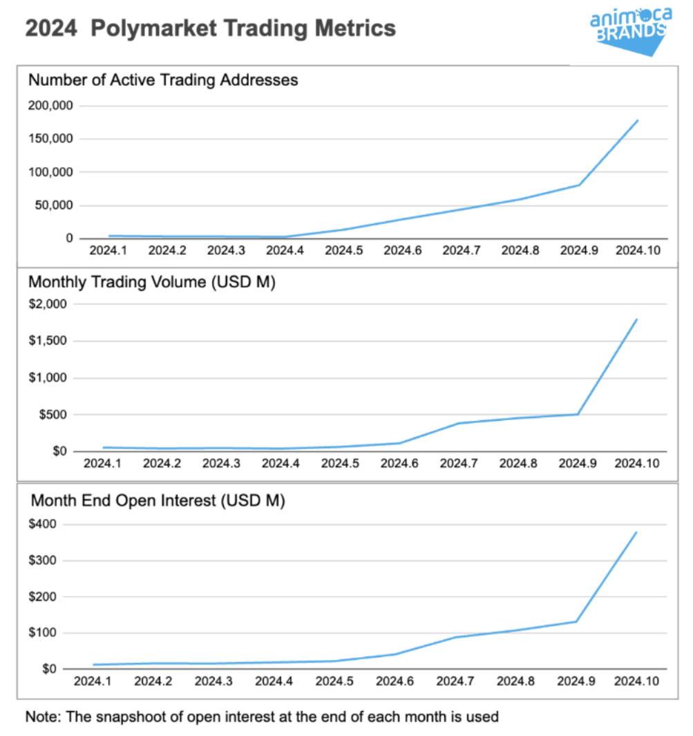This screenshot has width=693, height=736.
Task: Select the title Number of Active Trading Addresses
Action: (x=163, y=80)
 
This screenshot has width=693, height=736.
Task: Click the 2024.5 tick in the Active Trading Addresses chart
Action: (x=344, y=250)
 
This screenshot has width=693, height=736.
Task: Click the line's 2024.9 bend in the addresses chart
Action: (x=578, y=185)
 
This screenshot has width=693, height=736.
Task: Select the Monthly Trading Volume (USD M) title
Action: (x=151, y=282)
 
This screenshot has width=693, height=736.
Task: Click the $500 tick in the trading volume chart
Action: (x=54, y=415)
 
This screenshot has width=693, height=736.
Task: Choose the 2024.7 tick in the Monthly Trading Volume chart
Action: (x=458, y=463)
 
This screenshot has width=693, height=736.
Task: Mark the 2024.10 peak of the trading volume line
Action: (x=636, y=319)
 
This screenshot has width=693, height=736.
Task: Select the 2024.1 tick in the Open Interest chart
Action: (x=93, y=681)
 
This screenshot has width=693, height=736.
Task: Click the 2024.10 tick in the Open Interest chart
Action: (x=636, y=681)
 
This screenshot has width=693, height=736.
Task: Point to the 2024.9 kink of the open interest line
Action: (x=576, y=621)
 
